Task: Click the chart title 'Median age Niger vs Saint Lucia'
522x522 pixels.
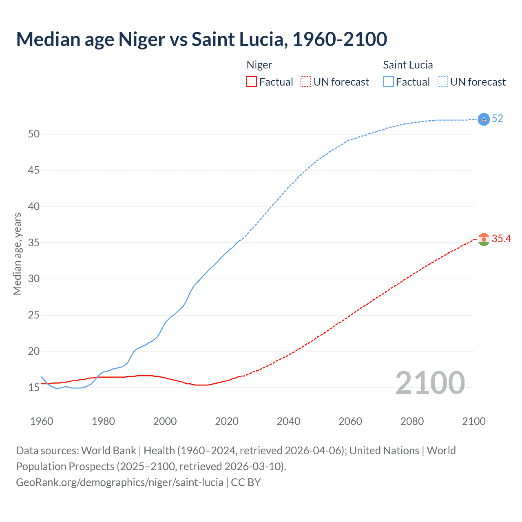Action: click(201, 40)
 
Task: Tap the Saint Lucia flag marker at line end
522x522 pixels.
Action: click(484, 119)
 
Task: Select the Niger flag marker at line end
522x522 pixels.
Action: click(484, 239)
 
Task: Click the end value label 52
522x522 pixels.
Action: click(498, 119)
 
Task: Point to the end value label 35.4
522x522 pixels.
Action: click(501, 239)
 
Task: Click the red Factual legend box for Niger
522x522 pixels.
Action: click(252, 82)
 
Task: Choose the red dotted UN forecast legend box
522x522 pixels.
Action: click(306, 82)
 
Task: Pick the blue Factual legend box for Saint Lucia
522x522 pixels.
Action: click(389, 82)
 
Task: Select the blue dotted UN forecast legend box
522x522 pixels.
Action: click(443, 82)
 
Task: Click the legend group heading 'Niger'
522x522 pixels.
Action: click(259, 65)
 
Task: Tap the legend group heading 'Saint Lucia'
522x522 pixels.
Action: click(408, 65)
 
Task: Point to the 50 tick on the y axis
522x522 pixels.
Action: click(34, 134)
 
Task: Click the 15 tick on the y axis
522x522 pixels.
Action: click(34, 387)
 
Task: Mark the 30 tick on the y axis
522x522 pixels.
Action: click(34, 279)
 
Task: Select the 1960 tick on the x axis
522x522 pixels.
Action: click(42, 421)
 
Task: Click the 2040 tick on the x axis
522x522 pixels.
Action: click(288, 421)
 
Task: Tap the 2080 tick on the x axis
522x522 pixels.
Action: click(412, 421)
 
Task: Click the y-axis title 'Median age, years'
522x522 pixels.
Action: click(17, 254)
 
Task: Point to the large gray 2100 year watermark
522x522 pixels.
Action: click(430, 383)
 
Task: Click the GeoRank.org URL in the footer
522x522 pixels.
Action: click(119, 482)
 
